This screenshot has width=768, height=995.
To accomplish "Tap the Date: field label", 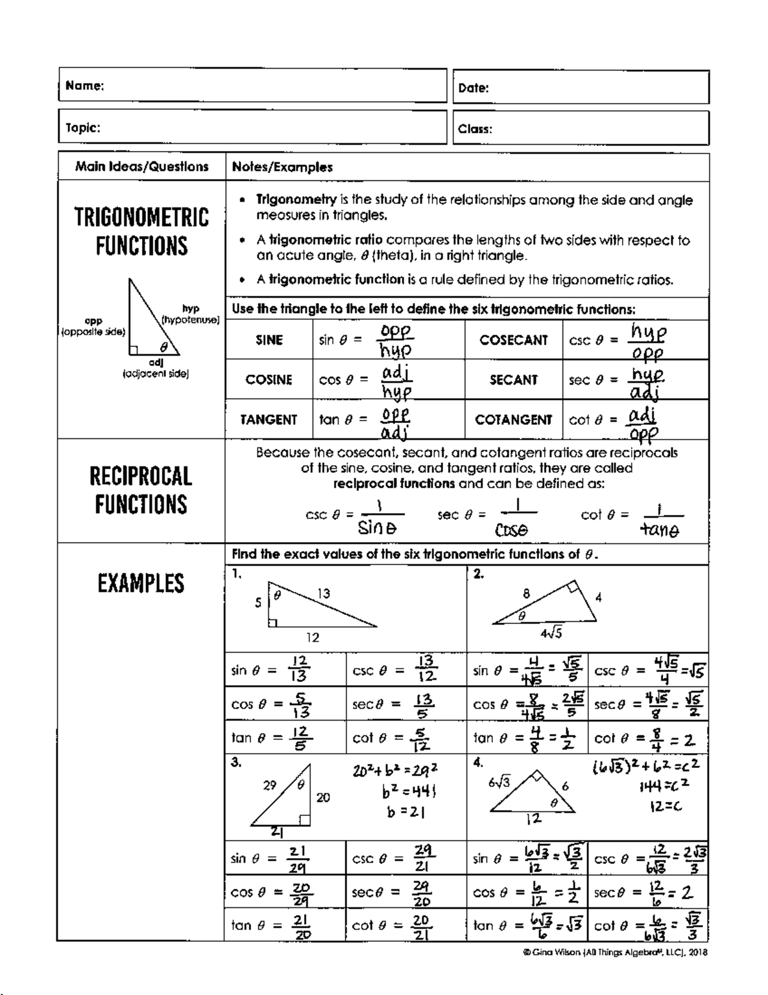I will coord(474,88).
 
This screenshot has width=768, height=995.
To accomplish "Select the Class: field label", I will coord(475,129).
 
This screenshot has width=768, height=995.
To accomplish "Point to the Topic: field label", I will coord(83,127).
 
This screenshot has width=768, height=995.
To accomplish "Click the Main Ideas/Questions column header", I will coord(141,167).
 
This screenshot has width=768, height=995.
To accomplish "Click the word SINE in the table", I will coord(269,340).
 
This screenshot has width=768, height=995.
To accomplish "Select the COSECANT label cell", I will coord(514,340).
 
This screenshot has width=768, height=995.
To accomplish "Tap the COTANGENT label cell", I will coord(513,420).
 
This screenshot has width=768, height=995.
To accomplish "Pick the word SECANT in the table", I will coord(513,380).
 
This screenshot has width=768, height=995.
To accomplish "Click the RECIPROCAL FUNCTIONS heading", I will coord(141,490).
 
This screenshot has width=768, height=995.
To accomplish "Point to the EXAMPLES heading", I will coord(141,583).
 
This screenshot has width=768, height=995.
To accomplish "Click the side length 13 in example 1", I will coord(324,594).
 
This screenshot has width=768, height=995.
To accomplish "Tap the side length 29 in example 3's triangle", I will coord(269,785).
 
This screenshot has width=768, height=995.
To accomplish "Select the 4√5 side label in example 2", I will coord(551,633).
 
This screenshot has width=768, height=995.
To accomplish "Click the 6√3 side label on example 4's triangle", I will coord(499,781).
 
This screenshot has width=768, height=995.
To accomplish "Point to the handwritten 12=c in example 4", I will coord(666,807).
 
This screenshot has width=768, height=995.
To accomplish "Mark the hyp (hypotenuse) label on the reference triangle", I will coord(191,314).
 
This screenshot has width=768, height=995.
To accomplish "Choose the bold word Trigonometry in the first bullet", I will coord(296,200).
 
